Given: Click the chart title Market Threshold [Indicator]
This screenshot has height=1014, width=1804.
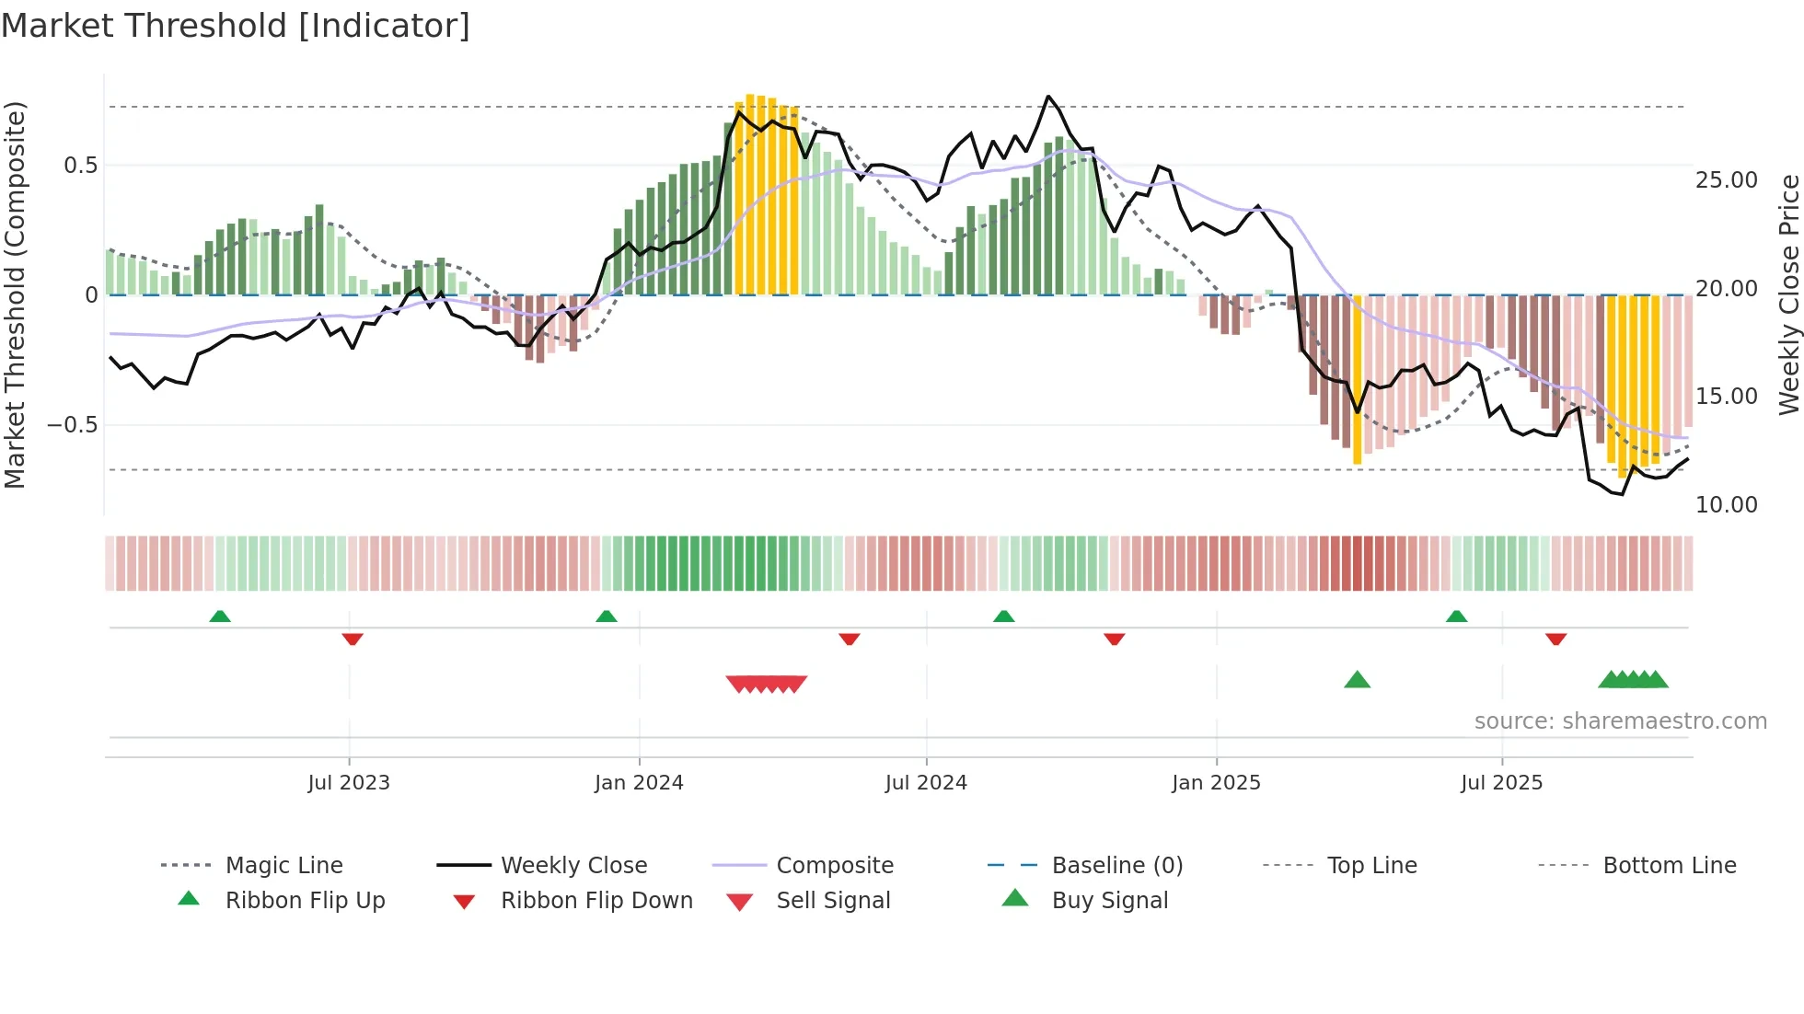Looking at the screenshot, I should coord(236,26).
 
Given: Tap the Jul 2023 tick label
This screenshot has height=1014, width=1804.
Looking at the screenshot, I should coord(349,783).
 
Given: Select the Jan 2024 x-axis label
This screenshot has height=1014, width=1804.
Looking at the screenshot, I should coord(639,783).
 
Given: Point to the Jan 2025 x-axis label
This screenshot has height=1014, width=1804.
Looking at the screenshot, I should coord(1216,783).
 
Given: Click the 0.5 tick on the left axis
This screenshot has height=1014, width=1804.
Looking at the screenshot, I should coord(80,166).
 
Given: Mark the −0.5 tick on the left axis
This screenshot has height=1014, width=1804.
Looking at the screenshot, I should coord(72,425).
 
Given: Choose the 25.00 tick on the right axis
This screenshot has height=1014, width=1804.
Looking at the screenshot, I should coord(1726,180).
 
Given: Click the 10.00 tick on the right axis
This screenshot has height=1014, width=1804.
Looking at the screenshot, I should coord(1726,505).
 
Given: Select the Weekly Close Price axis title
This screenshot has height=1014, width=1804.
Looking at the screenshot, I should coord(1788,294).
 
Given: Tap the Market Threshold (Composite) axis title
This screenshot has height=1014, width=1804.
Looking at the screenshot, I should coord(15,294).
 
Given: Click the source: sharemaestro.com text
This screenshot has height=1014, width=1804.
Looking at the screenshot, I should coord(1620,721).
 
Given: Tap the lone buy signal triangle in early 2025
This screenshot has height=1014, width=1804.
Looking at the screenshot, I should coord(1357,681).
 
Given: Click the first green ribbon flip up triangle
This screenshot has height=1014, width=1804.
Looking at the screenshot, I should coord(219,616).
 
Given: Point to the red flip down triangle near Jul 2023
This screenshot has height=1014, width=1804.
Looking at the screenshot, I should coord(353,639).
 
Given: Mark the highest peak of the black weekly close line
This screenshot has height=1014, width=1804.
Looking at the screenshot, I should coord(1047,97).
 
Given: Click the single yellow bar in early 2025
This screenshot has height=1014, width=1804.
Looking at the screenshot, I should coord(1357,379).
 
